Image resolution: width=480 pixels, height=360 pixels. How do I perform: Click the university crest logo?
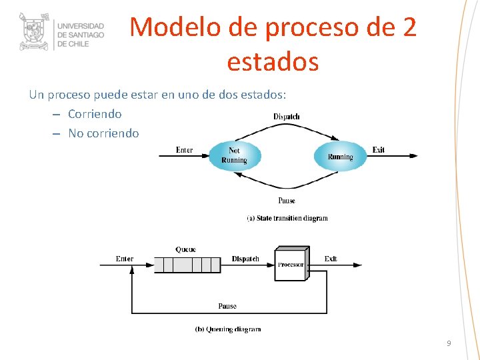(x=34, y=31)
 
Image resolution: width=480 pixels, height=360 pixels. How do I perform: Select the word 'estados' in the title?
(x=273, y=62)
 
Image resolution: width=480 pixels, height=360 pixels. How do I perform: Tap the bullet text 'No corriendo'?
(x=103, y=133)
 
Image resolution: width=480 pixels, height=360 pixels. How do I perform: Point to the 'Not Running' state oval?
(x=234, y=156)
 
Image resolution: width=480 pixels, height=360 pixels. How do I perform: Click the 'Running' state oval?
(x=340, y=157)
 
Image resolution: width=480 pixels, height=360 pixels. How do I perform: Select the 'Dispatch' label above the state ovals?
(x=287, y=117)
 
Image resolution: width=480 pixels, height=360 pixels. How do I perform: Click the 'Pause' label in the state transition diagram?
(x=287, y=201)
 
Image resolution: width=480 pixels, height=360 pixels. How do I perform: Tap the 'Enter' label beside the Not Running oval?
(x=184, y=150)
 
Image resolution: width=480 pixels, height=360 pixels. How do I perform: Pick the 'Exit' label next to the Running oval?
(x=379, y=150)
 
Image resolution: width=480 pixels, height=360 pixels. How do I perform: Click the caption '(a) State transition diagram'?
(x=287, y=218)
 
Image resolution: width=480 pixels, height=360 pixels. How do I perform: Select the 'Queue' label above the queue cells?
(x=185, y=249)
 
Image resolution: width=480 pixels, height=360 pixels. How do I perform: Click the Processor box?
(x=291, y=264)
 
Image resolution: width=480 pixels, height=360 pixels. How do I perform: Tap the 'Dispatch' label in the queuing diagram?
(x=245, y=259)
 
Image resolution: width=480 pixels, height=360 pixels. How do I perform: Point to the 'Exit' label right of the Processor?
(x=331, y=259)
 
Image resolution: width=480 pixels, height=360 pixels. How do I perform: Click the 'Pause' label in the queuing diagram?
(x=227, y=306)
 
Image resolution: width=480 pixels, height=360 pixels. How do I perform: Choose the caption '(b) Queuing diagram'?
(x=227, y=329)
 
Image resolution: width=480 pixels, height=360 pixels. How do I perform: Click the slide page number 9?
(x=449, y=343)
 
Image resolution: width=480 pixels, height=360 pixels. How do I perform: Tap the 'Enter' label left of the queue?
(x=125, y=259)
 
